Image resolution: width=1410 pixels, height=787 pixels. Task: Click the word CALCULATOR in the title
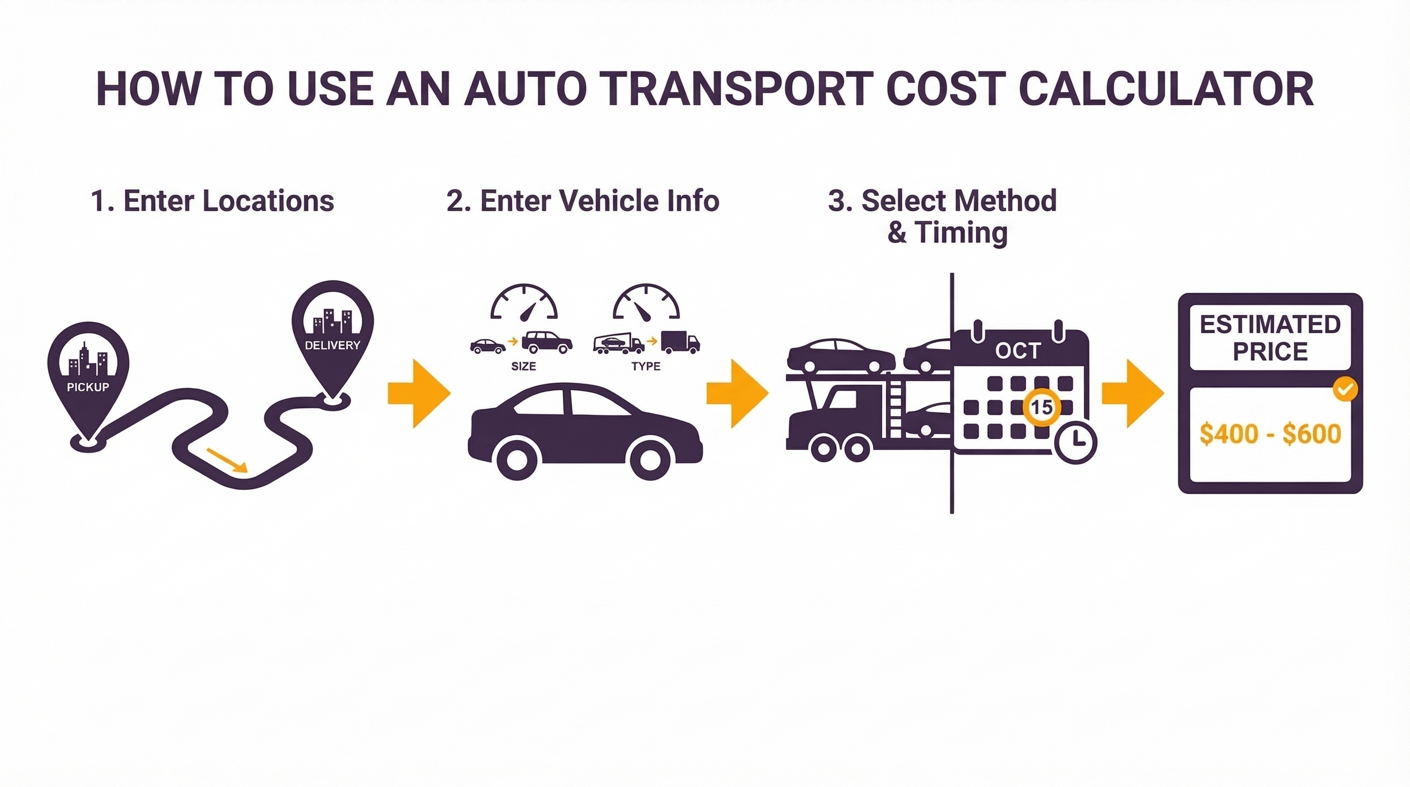1166,89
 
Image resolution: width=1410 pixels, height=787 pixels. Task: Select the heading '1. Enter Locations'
213,201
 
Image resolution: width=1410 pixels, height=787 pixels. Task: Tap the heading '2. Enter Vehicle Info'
583,201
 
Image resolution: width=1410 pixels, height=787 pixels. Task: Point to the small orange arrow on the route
226,459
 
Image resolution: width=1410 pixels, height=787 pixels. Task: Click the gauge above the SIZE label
524,303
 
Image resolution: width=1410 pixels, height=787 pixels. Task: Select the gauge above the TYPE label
646,303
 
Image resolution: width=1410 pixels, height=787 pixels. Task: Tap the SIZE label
523,366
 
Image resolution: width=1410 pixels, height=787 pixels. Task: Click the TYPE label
646,366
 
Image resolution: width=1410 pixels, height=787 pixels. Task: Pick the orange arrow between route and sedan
419,393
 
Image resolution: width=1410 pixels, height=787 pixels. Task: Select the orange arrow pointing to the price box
1132,393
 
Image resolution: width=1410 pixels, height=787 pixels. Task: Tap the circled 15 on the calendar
1041,407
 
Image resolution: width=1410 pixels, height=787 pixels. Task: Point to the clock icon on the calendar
1075,442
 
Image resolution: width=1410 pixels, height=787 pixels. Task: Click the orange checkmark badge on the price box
1344,390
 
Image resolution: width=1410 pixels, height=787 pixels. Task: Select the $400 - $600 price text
1270,434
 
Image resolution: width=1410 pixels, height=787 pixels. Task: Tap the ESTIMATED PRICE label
1270,338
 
